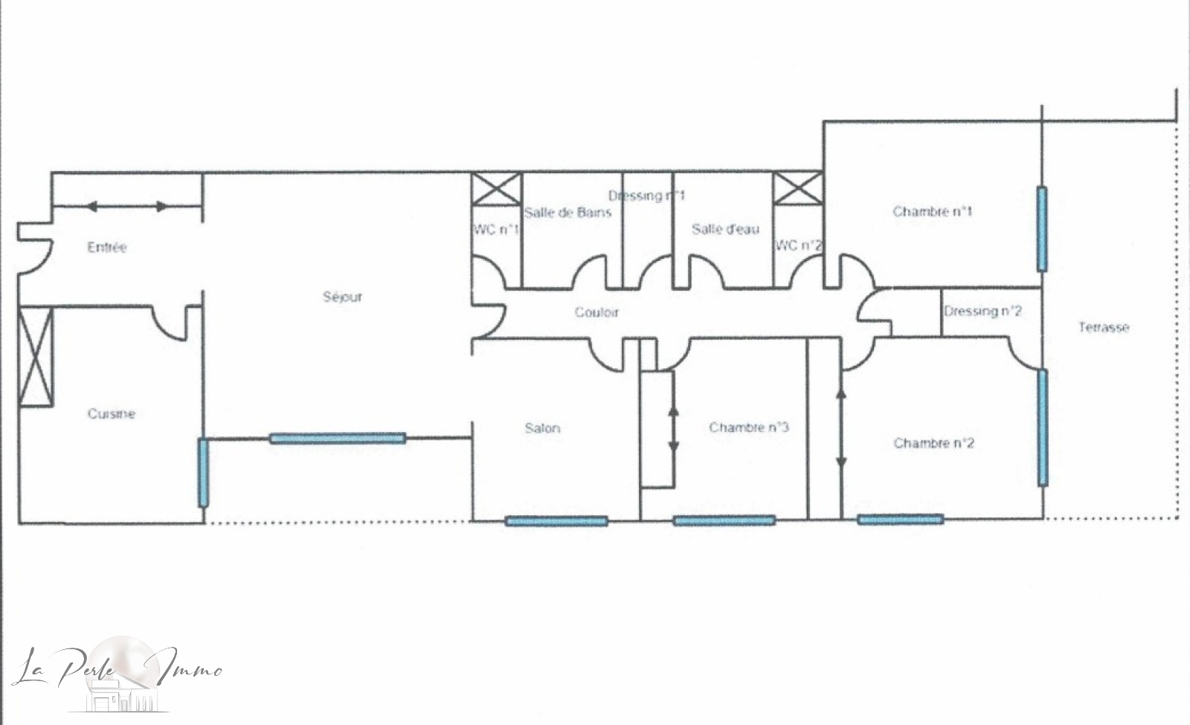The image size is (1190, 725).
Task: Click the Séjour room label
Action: [x=343, y=297]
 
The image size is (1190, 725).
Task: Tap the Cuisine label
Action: [x=111, y=413]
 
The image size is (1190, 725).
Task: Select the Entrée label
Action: [x=107, y=248]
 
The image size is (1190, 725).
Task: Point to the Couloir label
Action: [x=596, y=312]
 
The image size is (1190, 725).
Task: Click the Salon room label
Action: [x=542, y=428]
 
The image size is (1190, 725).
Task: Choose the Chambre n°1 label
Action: [x=933, y=211]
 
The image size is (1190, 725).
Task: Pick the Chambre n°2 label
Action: [x=933, y=443]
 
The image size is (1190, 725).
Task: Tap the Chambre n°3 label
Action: [x=748, y=427]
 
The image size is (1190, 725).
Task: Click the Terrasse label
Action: [x=1104, y=327]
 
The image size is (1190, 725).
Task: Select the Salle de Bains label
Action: [x=568, y=213]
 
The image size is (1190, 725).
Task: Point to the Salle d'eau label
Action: [x=725, y=229]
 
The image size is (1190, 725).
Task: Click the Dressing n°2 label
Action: [x=982, y=311]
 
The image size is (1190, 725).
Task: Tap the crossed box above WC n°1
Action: [x=496, y=189]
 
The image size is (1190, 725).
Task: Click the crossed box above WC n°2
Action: [x=798, y=189]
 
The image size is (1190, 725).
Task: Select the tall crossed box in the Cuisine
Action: [x=36, y=357]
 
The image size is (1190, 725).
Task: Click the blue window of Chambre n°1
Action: [x=1042, y=229]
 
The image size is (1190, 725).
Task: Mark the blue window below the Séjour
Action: [x=338, y=438]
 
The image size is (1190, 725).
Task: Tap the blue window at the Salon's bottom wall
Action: [x=556, y=521]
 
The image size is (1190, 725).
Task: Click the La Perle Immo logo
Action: [x=117, y=674]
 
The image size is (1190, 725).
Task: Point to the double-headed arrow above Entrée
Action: [x=126, y=206]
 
